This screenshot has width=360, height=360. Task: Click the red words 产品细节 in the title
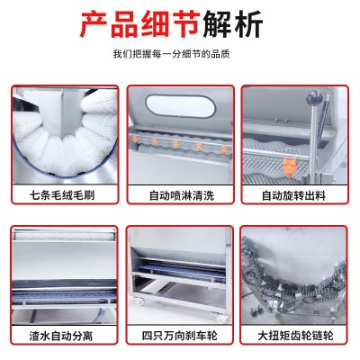pyautogui.click(x=140, y=24)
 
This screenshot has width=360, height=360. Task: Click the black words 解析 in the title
pyautogui.click(x=233, y=24)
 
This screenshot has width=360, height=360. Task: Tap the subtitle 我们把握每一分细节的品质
pyautogui.click(x=171, y=54)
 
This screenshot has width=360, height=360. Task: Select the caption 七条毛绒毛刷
pyautogui.click(x=62, y=195)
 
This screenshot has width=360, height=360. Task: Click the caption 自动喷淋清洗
pyautogui.click(x=182, y=195)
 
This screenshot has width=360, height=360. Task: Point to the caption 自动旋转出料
pyautogui.click(x=293, y=195)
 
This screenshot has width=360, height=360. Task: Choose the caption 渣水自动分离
pyautogui.click(x=61, y=336)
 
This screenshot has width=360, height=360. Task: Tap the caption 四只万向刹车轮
pyautogui.click(x=180, y=336)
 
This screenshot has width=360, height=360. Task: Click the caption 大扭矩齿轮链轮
pyautogui.click(x=295, y=336)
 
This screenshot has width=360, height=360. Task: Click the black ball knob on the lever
pyautogui.click(x=314, y=97)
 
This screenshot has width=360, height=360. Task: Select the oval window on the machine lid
pyautogui.click(x=180, y=106)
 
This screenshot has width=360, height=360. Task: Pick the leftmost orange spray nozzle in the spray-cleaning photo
pyautogui.click(x=135, y=139)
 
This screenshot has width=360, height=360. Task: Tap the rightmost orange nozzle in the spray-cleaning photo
pyautogui.click(x=224, y=149)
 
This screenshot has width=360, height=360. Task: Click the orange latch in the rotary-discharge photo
pyautogui.click(x=290, y=166)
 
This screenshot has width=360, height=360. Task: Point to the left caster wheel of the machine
pyautogui.click(x=140, y=301)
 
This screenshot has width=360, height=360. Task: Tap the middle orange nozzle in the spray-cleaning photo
pyautogui.click(x=176, y=144)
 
